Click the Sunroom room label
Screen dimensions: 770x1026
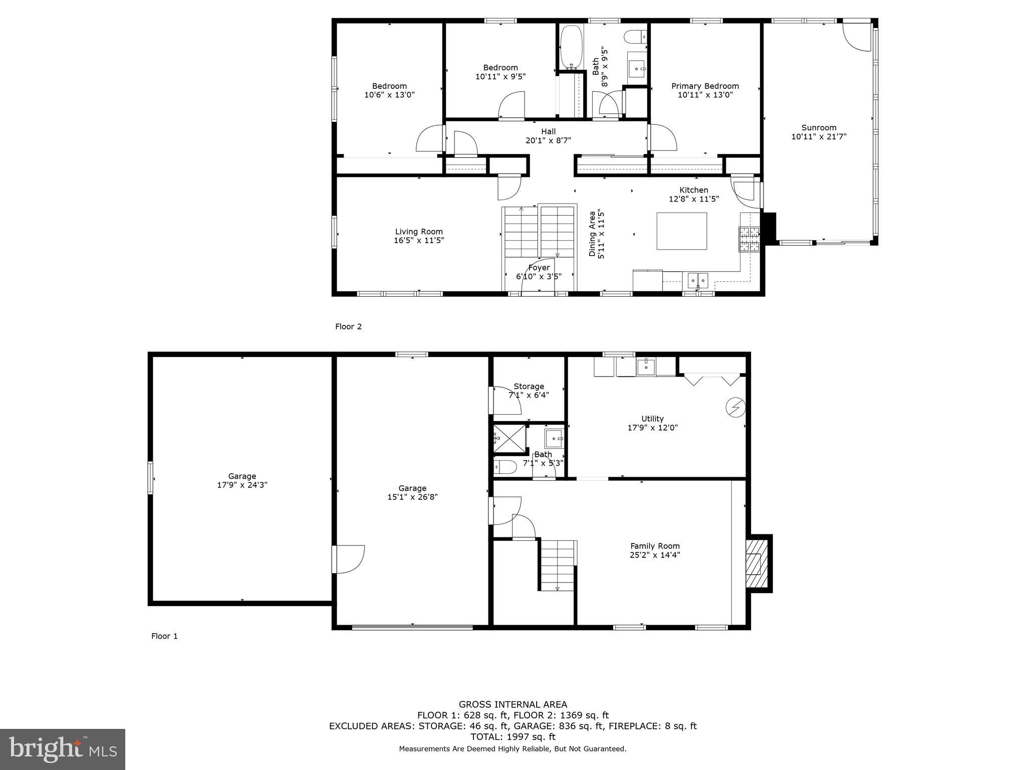point(819,127)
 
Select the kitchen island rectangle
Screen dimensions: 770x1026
point(681,231)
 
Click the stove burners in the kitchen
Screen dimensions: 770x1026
point(749,239)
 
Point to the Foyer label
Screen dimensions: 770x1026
point(539,268)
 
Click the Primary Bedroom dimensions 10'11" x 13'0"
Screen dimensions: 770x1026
point(705,95)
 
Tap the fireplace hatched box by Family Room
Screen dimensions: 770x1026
point(756,563)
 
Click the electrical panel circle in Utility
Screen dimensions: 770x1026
point(735,407)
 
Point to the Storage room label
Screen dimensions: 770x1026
point(529,386)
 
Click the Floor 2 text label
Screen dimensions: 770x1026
point(348,327)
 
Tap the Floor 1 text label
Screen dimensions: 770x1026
point(164,636)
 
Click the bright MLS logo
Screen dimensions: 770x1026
point(63,749)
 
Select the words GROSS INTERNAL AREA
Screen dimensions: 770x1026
point(512,704)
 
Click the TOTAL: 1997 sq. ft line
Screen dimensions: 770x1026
point(512,737)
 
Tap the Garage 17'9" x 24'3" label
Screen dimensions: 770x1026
point(242,480)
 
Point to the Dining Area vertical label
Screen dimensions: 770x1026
point(597,234)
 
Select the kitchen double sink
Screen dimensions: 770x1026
point(698,280)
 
